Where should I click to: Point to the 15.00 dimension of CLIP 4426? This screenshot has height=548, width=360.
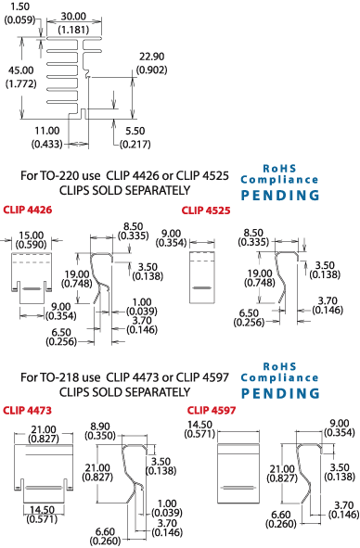[x=30, y=235]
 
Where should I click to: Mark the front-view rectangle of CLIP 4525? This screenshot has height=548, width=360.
[x=203, y=274]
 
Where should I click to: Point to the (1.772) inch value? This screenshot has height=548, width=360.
[x=19, y=84]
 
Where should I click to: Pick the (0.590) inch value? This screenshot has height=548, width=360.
[x=30, y=246]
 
